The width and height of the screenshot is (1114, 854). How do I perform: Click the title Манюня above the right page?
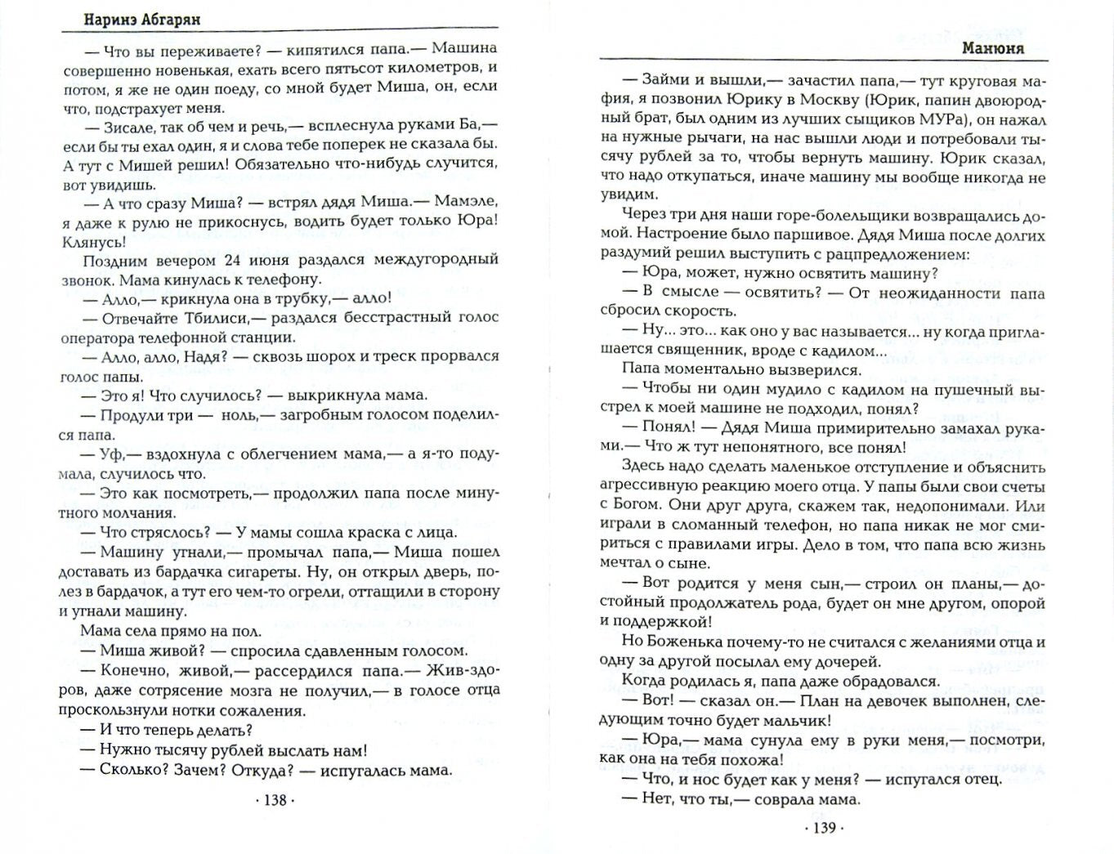[x=993, y=48]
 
